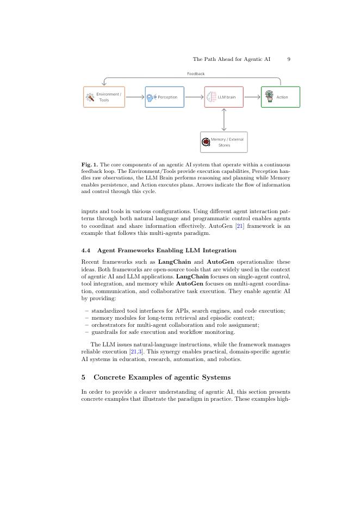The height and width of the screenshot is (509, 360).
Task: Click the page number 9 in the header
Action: [x=289, y=59]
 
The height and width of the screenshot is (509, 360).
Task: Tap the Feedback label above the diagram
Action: [x=196, y=74]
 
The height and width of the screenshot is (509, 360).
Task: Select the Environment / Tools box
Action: [x=104, y=97]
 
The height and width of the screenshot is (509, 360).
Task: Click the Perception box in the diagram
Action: [x=164, y=97]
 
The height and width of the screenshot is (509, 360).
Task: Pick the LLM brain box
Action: [x=224, y=97]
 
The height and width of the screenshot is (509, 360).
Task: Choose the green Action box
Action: [x=280, y=97]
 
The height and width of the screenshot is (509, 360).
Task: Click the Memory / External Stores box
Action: [x=224, y=142]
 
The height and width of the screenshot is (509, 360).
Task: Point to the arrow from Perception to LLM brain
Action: [x=194, y=97]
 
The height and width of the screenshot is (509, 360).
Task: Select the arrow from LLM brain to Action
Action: [x=252, y=97]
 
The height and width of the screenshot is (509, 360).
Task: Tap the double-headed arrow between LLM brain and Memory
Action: [x=224, y=119]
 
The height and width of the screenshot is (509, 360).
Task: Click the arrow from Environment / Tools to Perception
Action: [x=134, y=97]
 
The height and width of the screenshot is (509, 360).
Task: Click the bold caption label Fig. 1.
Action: [x=90, y=165]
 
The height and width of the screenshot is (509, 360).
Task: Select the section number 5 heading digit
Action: [x=83, y=377]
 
